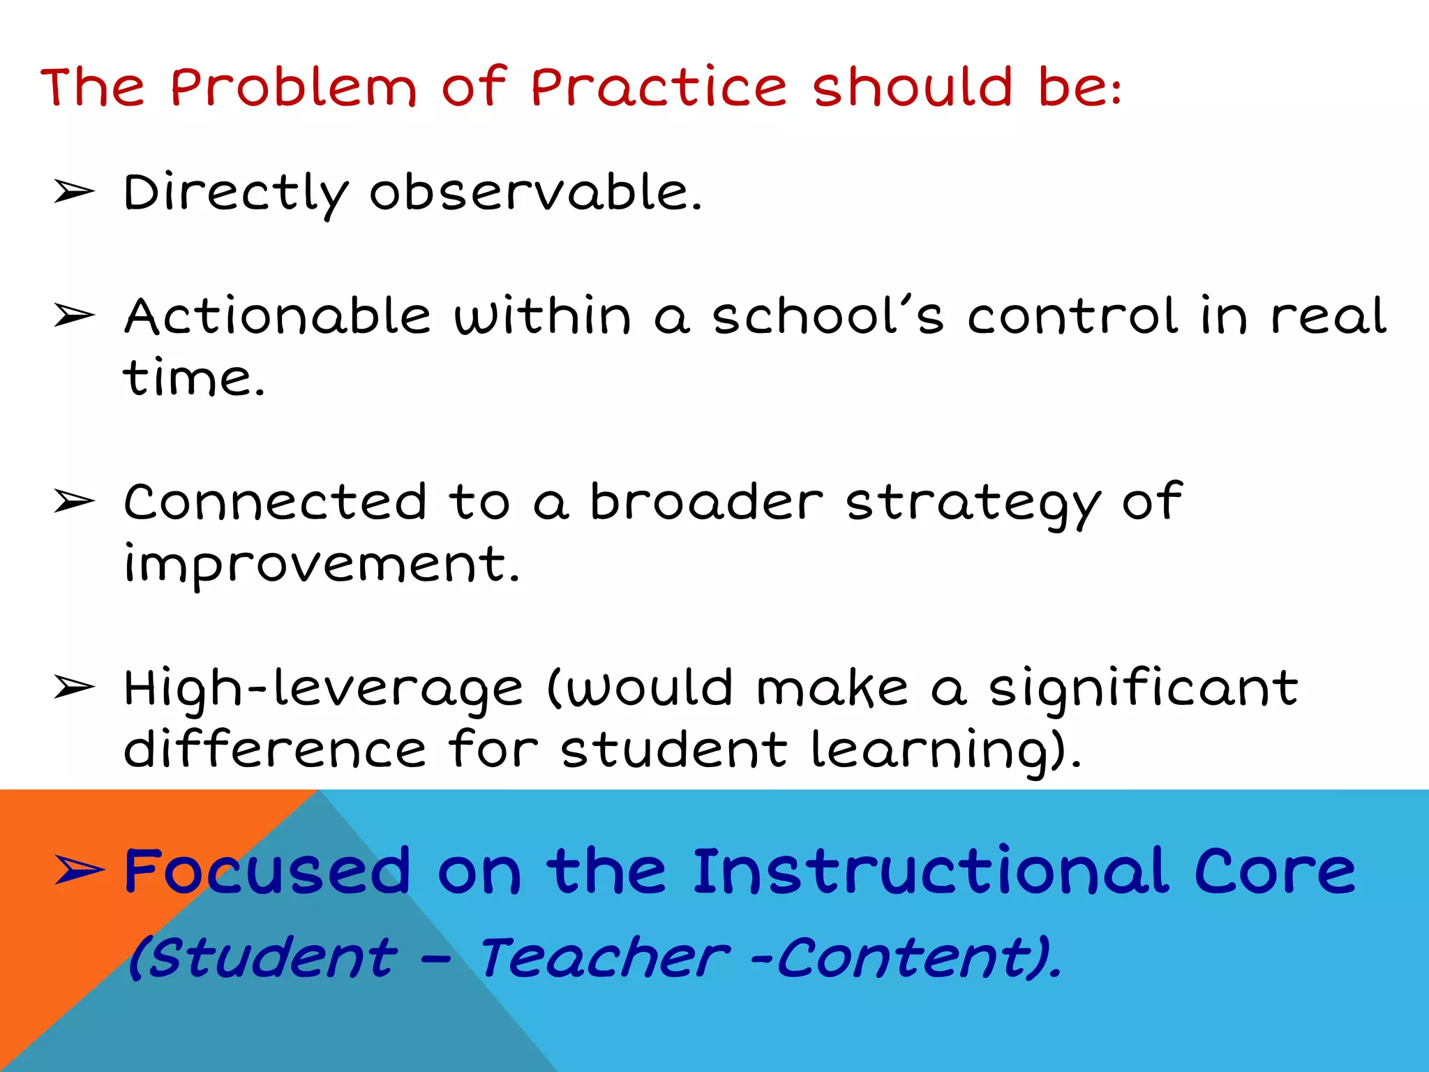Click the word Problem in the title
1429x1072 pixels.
coord(293,87)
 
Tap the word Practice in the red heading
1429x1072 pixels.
coord(659,87)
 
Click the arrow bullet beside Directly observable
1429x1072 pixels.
coord(74,191)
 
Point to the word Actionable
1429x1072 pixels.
coord(278,316)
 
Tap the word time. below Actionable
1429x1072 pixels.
coord(194,378)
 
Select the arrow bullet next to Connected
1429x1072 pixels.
coord(74,501)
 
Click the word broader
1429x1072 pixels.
coord(706,502)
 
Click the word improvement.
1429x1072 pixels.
coord(322,564)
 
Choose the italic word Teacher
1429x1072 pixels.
coord(604,958)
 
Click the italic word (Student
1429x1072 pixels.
coord(263,958)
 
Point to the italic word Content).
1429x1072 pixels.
coord(918,958)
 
